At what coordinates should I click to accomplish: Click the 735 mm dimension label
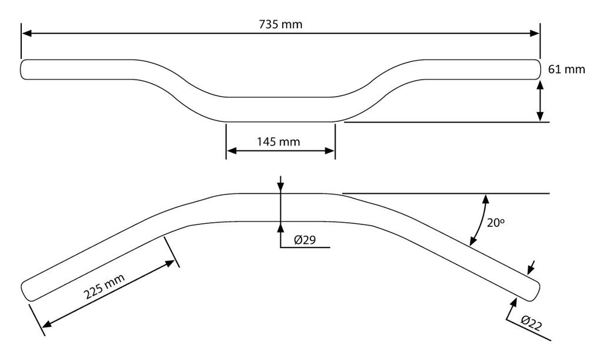[x=281, y=25]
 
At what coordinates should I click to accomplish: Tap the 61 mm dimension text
[x=566, y=70]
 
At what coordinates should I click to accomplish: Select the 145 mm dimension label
[x=279, y=142]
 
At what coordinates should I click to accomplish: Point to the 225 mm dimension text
[x=104, y=286]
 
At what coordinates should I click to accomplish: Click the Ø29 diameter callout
[x=304, y=240]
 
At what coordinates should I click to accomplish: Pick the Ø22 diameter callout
[x=532, y=323]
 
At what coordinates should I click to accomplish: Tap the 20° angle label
[x=496, y=222]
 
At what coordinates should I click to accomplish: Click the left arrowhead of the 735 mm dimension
[x=26, y=34]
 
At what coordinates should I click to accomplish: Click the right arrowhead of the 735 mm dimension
[x=535, y=34]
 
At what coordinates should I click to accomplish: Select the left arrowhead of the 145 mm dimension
[x=231, y=151]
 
